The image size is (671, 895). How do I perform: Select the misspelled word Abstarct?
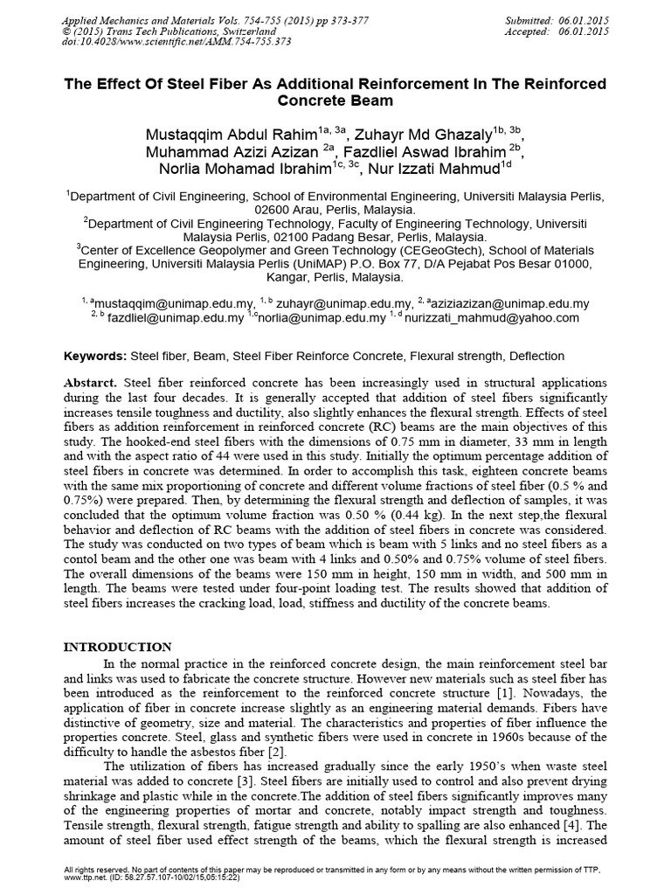(x=92, y=384)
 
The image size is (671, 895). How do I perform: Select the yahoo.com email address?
(x=498, y=318)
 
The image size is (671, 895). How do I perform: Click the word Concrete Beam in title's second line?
(x=335, y=101)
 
